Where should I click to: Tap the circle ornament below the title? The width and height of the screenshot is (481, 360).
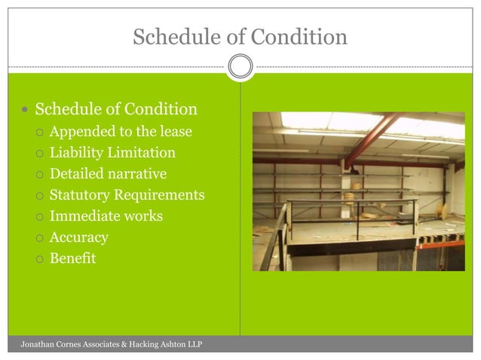click(x=240, y=67)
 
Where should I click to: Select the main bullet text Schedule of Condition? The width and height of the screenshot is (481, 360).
click(x=116, y=109)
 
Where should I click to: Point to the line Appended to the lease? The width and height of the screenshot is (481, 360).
click(x=121, y=132)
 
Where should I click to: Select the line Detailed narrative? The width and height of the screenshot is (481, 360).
click(x=108, y=174)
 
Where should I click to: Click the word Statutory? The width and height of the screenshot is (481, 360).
click(x=80, y=195)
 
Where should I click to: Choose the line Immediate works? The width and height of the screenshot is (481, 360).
click(x=106, y=216)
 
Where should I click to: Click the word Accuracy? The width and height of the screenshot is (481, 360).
click(x=78, y=237)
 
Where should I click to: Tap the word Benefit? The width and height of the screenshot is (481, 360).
click(x=72, y=258)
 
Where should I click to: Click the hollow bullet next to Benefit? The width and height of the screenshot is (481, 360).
click(x=39, y=259)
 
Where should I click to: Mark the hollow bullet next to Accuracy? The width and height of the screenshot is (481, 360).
click(x=39, y=238)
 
